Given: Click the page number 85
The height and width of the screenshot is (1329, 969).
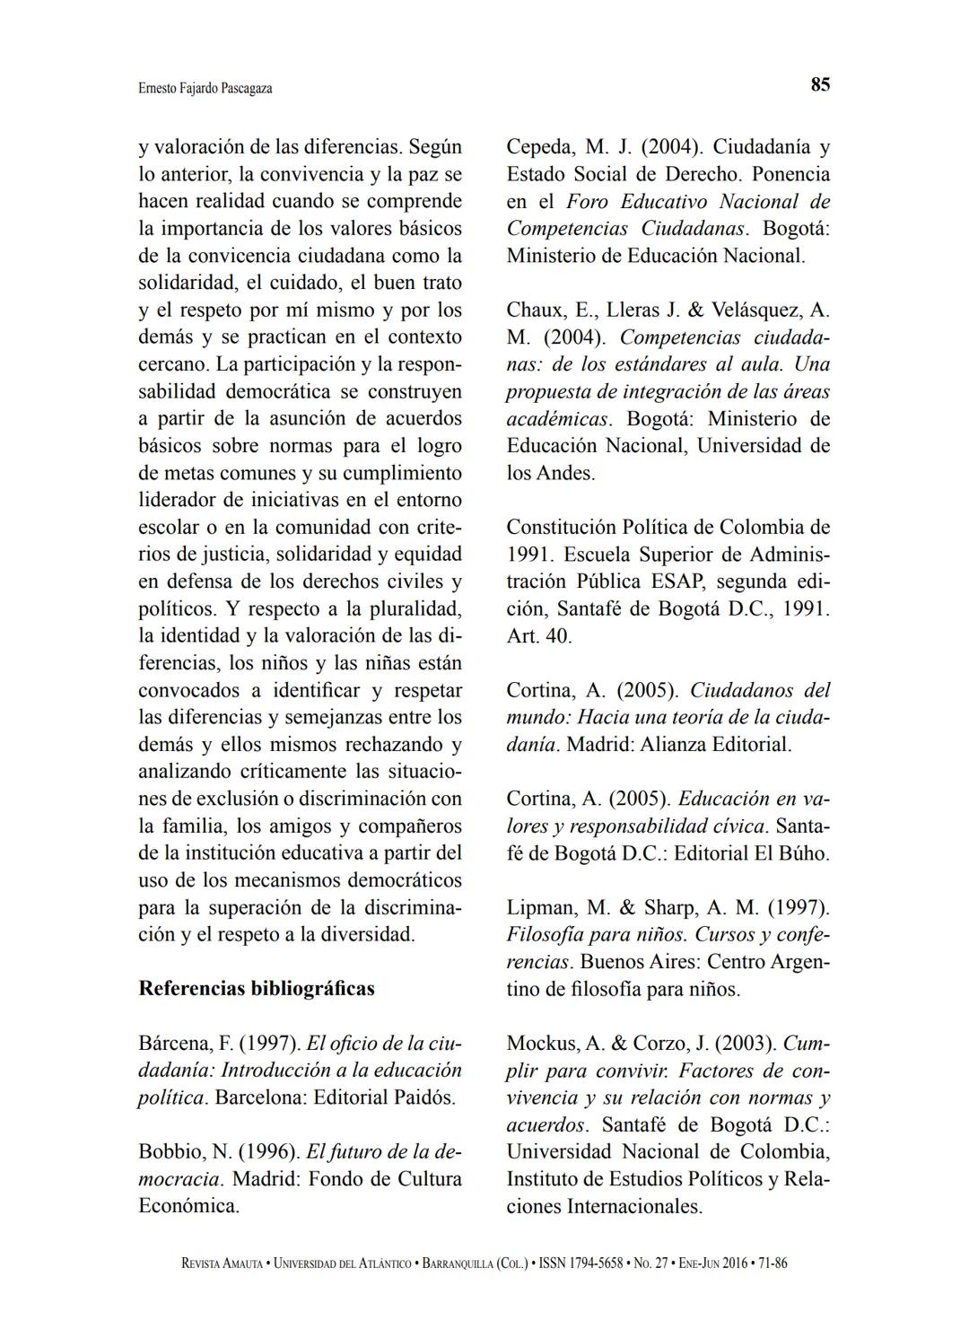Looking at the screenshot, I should [820, 85].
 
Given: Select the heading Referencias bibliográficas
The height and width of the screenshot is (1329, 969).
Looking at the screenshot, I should [257, 989].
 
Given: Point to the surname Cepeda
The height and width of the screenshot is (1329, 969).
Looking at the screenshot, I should [538, 147].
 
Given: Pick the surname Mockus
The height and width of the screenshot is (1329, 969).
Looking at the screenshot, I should [541, 1044].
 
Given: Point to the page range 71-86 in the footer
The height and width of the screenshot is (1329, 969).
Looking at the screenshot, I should [773, 1263].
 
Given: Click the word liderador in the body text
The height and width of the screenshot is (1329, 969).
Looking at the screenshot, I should [180, 500].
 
